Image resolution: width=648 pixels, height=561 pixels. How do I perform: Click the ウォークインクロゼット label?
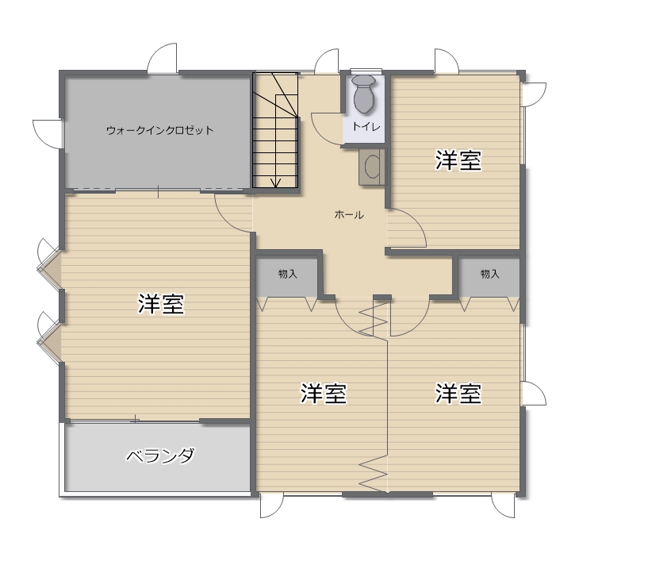(160, 131)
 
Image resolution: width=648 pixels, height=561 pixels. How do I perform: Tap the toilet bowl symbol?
(364, 94)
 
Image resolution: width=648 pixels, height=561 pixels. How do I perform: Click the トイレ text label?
(366, 126)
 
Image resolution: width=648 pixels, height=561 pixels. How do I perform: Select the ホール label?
(349, 214)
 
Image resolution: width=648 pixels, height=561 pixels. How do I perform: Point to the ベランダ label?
(160, 456)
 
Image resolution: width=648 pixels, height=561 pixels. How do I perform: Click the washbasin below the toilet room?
(372, 166)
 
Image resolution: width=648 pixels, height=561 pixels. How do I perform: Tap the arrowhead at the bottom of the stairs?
(276, 183)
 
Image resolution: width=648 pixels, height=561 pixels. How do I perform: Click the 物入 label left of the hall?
(288, 274)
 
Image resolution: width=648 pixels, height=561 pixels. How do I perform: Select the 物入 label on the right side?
(489, 274)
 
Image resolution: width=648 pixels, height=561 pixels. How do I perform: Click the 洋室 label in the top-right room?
(458, 160)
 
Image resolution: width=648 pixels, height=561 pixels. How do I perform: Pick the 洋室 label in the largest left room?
(161, 304)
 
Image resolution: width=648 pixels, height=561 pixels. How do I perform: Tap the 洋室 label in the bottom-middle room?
(323, 393)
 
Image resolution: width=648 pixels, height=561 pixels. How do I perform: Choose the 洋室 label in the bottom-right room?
(458, 393)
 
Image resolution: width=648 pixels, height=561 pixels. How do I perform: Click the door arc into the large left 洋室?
(225, 218)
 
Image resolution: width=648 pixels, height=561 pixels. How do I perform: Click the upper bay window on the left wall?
(48, 263)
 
